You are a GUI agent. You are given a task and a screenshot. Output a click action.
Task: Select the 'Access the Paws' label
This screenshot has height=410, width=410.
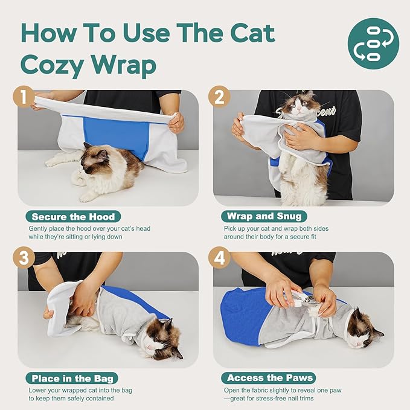(x=269, y=378)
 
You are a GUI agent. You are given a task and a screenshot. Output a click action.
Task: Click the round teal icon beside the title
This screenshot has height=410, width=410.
(x=373, y=43)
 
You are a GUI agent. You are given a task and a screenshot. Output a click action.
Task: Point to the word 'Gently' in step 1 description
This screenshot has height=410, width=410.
(x=40, y=229)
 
